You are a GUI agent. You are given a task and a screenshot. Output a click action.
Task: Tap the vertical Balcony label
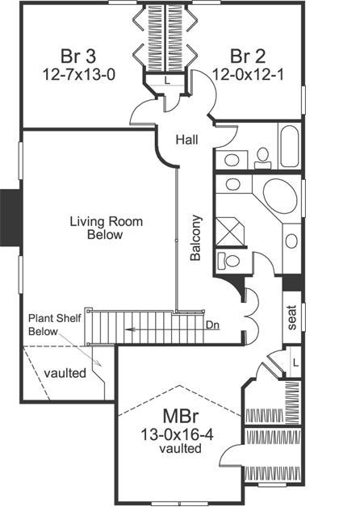pos(195,237)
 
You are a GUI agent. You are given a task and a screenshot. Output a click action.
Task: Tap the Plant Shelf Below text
pos(52,325)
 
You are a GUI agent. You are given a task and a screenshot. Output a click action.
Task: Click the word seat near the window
pos(291,319)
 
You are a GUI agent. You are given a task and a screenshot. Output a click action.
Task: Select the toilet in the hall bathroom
pos(262,156)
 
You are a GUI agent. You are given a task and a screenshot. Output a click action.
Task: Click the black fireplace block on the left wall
pos(9,223)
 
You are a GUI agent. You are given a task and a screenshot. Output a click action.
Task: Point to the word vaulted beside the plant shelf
pos(66,374)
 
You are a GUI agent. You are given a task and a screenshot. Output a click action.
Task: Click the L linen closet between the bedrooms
pos(165,80)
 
